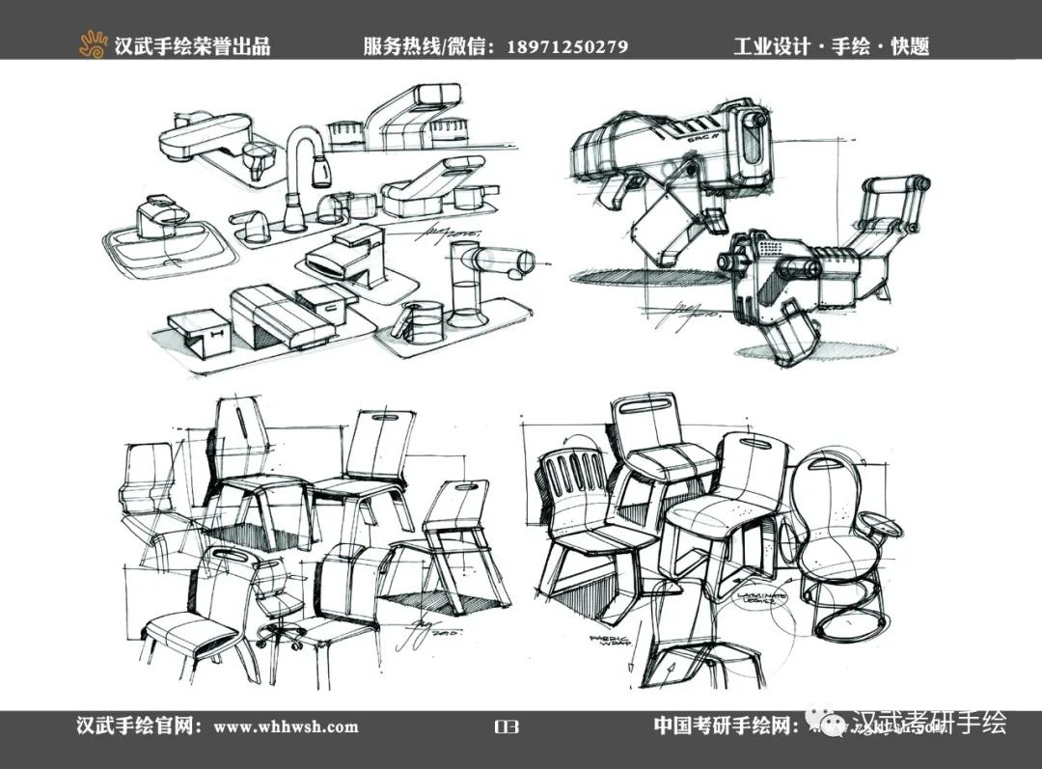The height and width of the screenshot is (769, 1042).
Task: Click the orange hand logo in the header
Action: (94, 44)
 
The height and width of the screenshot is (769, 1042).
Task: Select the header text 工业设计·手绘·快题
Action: (831, 46)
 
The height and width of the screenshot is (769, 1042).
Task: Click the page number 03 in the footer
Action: (506, 727)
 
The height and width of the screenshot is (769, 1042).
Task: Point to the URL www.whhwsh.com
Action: (286, 727)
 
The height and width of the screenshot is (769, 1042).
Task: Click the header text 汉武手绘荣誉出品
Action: (192, 46)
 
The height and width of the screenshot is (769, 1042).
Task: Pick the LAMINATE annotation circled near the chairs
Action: (761, 598)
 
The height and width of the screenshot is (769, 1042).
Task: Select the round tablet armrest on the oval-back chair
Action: (880, 527)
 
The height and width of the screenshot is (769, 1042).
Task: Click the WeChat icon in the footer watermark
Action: (828, 725)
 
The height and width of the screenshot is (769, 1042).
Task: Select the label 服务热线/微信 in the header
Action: (428, 46)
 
